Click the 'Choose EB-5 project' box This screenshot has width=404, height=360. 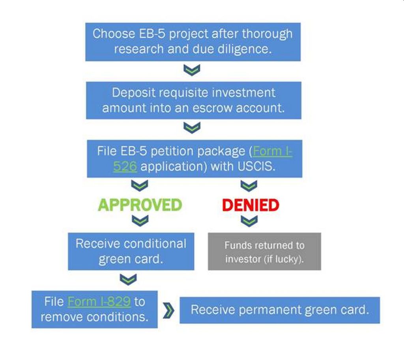(x=193, y=41)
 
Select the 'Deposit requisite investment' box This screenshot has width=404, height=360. (x=193, y=100)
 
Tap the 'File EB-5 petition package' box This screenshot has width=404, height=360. (x=194, y=159)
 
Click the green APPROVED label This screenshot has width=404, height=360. (x=140, y=205)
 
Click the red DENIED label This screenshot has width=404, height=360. (x=251, y=205)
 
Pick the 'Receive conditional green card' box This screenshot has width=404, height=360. (x=131, y=251)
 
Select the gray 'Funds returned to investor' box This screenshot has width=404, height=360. (x=264, y=251)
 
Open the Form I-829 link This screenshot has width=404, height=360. (x=99, y=302)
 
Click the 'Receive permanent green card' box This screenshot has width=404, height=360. (x=280, y=310)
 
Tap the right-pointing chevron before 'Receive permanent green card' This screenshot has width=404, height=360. (x=168, y=310)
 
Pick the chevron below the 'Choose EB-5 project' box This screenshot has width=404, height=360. (x=193, y=70)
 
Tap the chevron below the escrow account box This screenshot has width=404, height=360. (x=193, y=128)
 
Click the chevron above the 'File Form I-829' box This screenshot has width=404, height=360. (x=131, y=279)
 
